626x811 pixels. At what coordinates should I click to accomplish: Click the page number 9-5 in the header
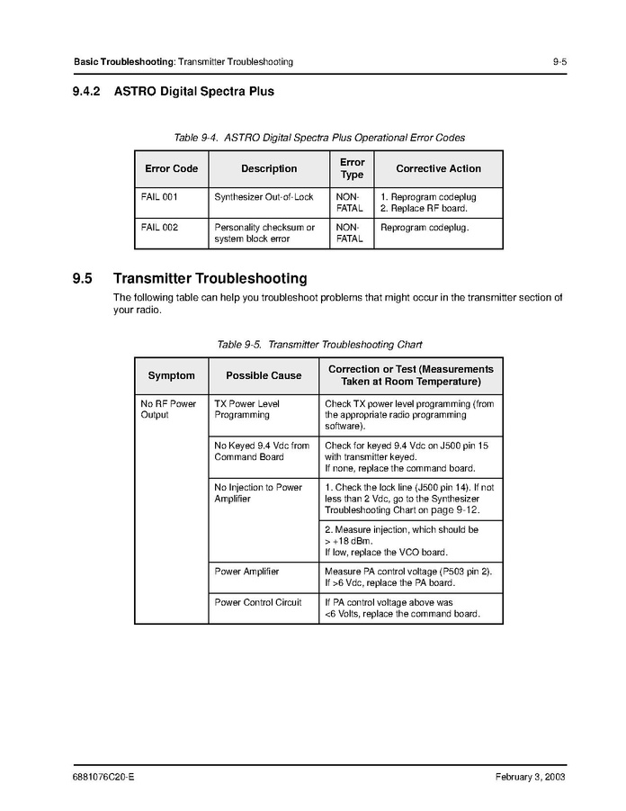[559, 62]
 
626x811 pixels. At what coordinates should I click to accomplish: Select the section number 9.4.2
[89, 91]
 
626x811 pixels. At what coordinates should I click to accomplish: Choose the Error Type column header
[352, 168]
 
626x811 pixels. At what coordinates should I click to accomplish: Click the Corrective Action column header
[438, 168]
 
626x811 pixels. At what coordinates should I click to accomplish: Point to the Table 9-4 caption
[319, 138]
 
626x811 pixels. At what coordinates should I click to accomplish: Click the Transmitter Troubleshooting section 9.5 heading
[210, 279]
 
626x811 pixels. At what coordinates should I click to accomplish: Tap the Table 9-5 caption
[319, 345]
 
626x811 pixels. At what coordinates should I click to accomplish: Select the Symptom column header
[171, 375]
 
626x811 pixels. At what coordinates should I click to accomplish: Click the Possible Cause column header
[264, 375]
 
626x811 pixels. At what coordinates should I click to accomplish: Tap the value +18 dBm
[346, 542]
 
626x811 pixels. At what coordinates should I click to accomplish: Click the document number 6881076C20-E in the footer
[103, 778]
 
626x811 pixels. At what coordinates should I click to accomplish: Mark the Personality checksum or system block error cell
[264, 233]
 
